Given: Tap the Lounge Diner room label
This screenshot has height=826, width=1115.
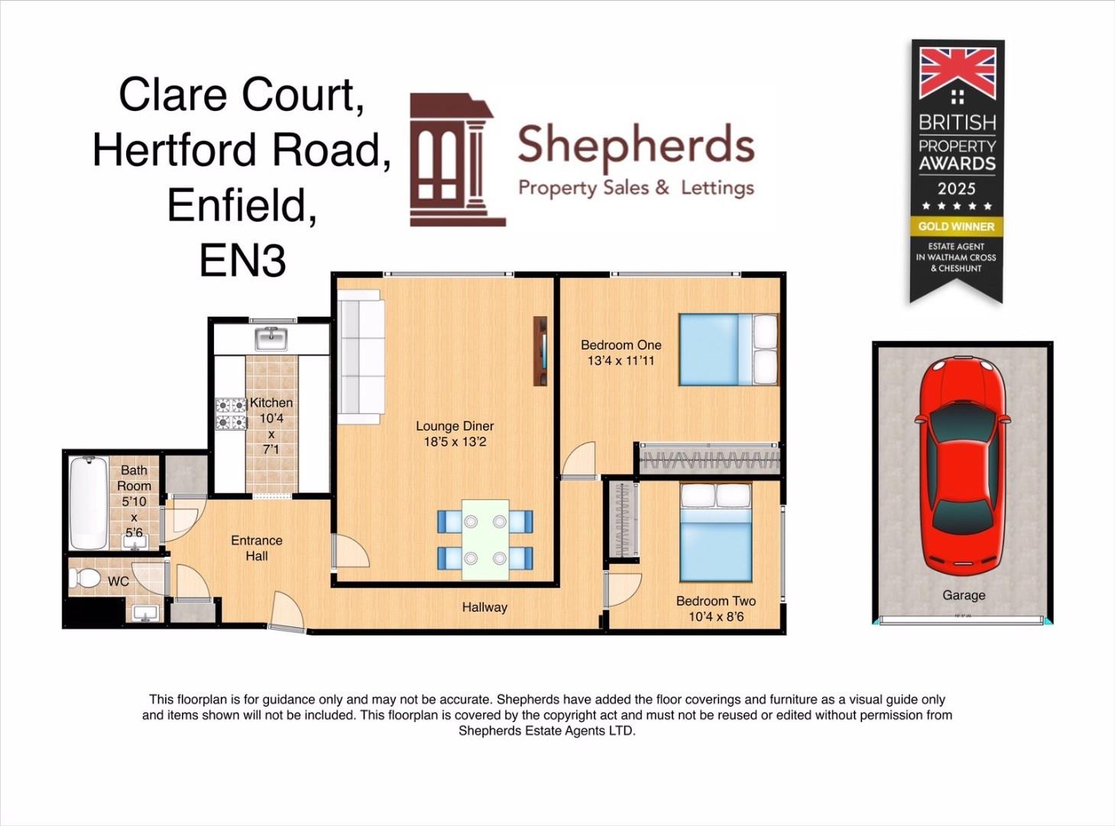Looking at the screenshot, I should (455, 434).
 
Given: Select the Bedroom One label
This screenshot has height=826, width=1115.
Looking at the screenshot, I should (621, 353).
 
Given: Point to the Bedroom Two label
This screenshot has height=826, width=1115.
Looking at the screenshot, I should (715, 609).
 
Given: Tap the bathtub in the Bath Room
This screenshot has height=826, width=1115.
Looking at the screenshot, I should (88, 502).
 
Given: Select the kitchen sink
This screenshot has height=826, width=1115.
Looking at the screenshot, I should (271, 337).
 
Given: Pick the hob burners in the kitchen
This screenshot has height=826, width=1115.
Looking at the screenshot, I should (231, 414).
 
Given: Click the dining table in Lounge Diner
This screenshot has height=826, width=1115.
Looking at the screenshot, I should (485, 539).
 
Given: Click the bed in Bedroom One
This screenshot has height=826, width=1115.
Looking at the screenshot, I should (728, 350).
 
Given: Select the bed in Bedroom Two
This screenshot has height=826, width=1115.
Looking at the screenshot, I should (716, 533).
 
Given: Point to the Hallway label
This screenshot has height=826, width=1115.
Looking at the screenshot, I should (485, 607).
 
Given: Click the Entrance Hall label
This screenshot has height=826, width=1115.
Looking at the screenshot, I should (257, 548).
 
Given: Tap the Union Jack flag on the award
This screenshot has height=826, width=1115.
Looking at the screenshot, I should (957, 73).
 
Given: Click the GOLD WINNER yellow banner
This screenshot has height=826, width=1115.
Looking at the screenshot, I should (956, 226).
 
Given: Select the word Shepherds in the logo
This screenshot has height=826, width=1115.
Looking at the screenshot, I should (636, 146).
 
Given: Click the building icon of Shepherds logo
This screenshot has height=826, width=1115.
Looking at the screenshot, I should (457, 161).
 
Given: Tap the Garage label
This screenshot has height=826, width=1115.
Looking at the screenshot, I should (964, 595).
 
